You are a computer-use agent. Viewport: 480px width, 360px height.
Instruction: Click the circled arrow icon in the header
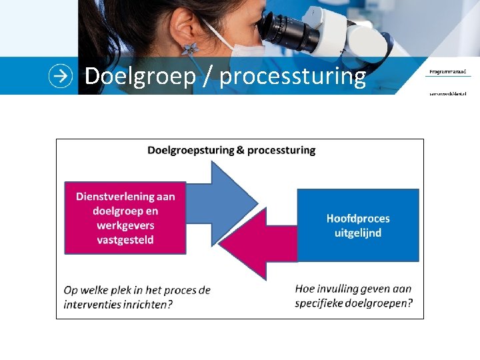pos(61,76)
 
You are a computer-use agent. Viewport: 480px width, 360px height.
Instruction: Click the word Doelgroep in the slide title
pos(140,77)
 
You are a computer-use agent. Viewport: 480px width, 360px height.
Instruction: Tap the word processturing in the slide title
pos(293,77)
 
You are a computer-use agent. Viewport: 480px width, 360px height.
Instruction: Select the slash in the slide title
pos(208,77)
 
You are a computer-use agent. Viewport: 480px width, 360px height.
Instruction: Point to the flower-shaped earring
pos(191,49)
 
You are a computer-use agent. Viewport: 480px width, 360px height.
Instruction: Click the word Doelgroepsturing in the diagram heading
pos(190,150)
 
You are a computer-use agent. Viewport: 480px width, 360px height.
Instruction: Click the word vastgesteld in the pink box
pos(125,239)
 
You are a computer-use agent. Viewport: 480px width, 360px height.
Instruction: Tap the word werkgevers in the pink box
pos(125,225)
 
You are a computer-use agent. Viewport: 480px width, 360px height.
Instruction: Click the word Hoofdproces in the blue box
pos(358,218)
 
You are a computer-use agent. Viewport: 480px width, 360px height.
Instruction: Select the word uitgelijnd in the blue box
pos(358,233)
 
